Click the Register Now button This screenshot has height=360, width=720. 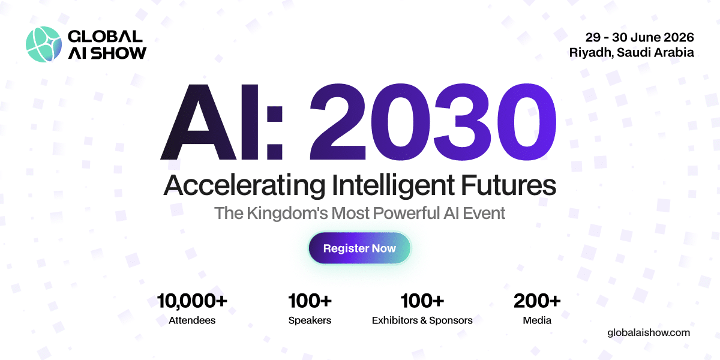pyautogui.click(x=359, y=248)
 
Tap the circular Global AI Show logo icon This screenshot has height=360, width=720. pyautogui.click(x=44, y=44)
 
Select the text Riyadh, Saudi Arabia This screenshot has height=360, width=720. pyautogui.click(x=632, y=52)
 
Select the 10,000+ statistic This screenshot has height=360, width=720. pyautogui.click(x=192, y=299)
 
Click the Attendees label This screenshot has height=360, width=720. pyautogui.click(x=192, y=320)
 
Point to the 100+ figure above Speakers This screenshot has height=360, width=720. pyautogui.click(x=310, y=299)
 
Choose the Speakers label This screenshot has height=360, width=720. pyautogui.click(x=310, y=320)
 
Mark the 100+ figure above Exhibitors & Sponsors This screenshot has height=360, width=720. pyautogui.click(x=422, y=299)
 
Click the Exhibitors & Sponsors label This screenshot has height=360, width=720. pyautogui.click(x=422, y=320)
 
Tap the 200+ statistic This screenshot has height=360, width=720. pyautogui.click(x=537, y=299)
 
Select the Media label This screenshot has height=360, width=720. pyautogui.click(x=537, y=320)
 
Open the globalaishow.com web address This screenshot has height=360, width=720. pyautogui.click(x=649, y=332)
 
